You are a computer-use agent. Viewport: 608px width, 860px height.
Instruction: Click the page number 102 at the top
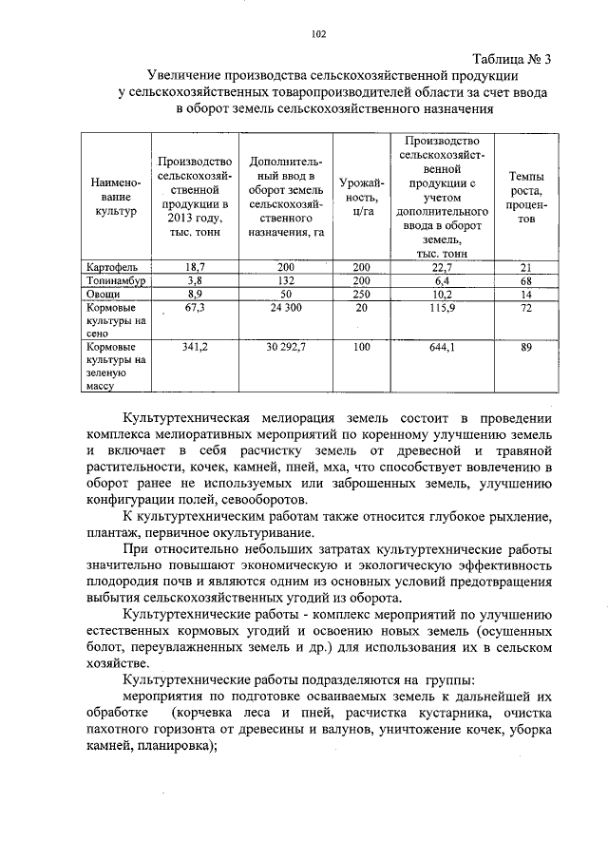click(318, 36)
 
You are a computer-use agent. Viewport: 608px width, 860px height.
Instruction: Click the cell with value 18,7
click(195, 268)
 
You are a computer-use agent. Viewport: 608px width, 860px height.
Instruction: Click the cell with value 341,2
click(195, 348)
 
